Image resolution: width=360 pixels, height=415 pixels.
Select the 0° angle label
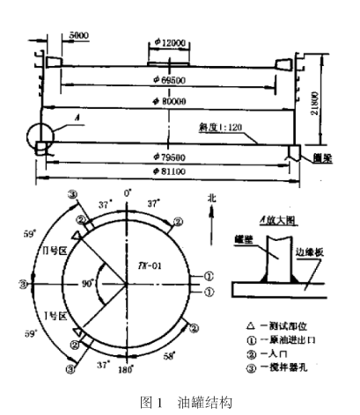pyautogui.click(x=128, y=192)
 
